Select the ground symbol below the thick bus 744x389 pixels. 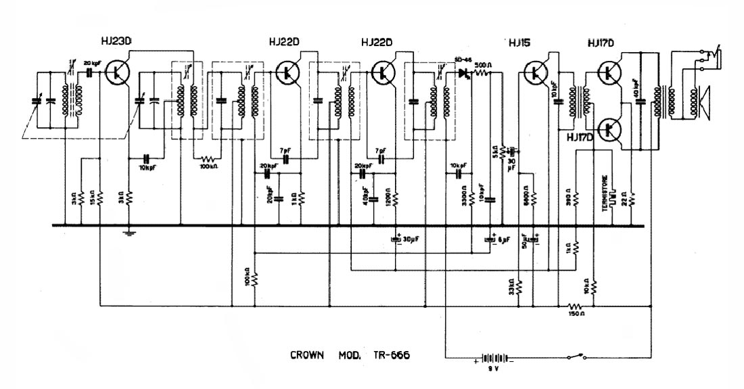pos(129,234)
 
